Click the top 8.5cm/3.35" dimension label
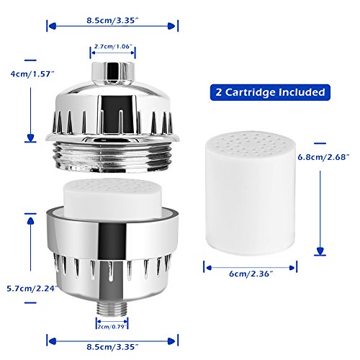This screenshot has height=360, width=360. coord(112,20)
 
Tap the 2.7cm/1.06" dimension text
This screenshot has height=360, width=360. coord(113,46)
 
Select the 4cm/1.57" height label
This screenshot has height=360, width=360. coord(32,74)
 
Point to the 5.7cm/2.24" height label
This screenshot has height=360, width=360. coord(32,289)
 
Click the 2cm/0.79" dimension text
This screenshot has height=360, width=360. coord(112,327)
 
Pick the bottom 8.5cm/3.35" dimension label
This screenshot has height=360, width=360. coord(112,347)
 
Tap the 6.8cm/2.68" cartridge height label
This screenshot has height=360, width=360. coord(323,157)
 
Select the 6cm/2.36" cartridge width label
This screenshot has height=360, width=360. coord(251,274)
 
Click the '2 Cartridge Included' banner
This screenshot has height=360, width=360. coord(270,92)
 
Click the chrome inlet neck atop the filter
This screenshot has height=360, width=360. coord(112,73)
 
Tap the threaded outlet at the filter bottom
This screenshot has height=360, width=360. coord(112,309)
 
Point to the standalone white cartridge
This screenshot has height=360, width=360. coord(251,193)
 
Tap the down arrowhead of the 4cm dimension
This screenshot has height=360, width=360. coord(30,138)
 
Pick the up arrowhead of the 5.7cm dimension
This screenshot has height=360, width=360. coord(30,221)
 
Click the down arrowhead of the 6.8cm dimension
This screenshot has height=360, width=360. coord(320,251)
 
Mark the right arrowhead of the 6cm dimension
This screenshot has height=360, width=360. coord(292,268)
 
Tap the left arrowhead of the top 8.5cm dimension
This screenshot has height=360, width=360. coord(53,26)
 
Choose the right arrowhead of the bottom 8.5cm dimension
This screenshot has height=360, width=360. coord(172,341)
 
